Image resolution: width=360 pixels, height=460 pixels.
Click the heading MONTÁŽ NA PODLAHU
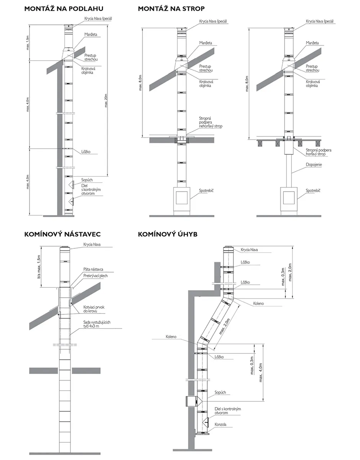point(64,8)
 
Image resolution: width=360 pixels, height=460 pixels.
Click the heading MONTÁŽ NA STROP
point(171,8)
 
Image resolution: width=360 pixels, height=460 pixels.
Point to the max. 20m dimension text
point(106,101)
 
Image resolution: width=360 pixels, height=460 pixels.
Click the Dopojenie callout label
point(314,164)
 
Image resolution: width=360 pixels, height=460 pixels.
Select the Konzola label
point(221,425)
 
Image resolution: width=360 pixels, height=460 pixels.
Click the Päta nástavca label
point(93,269)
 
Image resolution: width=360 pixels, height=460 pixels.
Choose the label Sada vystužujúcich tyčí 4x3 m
point(97,325)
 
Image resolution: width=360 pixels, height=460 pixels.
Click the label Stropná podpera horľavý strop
point(318,152)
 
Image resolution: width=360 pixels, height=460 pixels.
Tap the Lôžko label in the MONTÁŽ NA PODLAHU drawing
point(86,151)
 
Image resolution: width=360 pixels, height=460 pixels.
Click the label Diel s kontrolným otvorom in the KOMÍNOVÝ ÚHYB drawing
point(228,411)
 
